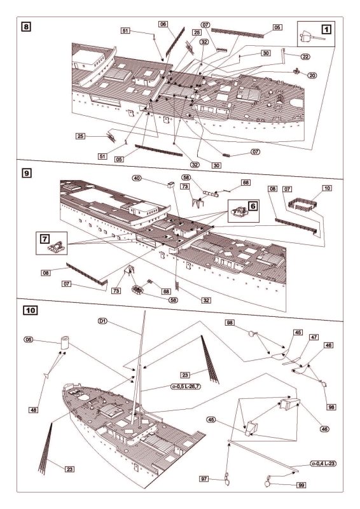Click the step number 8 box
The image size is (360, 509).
(x=26, y=26)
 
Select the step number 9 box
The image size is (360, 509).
(x=26, y=172)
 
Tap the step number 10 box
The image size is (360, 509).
(x=30, y=310)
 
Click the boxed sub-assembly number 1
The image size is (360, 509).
(x=326, y=29)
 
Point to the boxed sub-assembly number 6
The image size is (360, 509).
(x=253, y=206)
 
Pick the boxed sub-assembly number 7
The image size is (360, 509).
(x=45, y=239)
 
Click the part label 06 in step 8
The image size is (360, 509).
(x=163, y=24)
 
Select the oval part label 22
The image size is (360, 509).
(x=305, y=57)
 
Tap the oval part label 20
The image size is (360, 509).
(x=312, y=75)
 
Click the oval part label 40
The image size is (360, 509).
(x=137, y=178)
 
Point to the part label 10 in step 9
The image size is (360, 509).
(x=327, y=188)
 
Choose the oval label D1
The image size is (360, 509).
(x=102, y=321)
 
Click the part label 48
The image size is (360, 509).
(x=34, y=410)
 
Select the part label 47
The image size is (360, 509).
(x=314, y=337)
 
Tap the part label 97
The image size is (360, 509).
(x=204, y=479)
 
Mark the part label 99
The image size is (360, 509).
(x=301, y=485)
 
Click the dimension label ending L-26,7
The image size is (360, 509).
(x=185, y=386)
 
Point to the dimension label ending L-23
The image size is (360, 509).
(x=323, y=464)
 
